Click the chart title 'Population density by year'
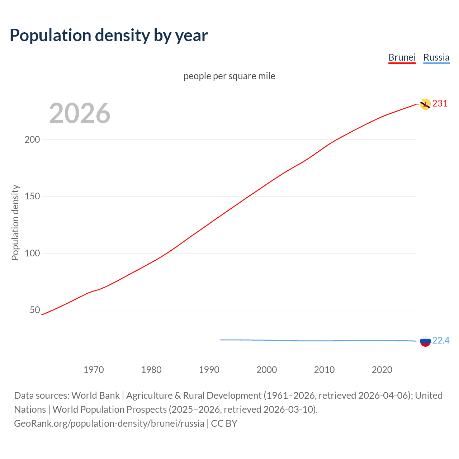pyautogui.click(x=109, y=36)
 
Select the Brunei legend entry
pyautogui.click(x=402, y=57)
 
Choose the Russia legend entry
pyautogui.click(x=436, y=57)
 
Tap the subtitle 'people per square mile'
pyautogui.click(x=229, y=76)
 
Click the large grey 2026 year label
pyautogui.click(x=80, y=113)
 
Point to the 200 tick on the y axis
pyautogui.click(x=32, y=139)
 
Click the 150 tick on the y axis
pyautogui.click(x=32, y=197)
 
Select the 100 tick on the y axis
pyautogui.click(x=32, y=253)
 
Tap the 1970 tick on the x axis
pyautogui.click(x=94, y=370)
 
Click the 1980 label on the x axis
pyautogui.click(x=151, y=370)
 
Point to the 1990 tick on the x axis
pyautogui.click(x=209, y=370)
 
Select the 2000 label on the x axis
pyautogui.click(x=266, y=370)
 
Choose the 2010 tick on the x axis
pyautogui.click(x=324, y=370)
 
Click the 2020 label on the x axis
pyautogui.click(x=382, y=370)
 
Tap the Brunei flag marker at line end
pyautogui.click(x=425, y=104)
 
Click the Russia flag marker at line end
pyautogui.click(x=425, y=341)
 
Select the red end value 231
pyautogui.click(x=440, y=104)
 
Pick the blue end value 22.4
pyautogui.click(x=441, y=340)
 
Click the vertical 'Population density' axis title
pyautogui.click(x=15, y=222)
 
